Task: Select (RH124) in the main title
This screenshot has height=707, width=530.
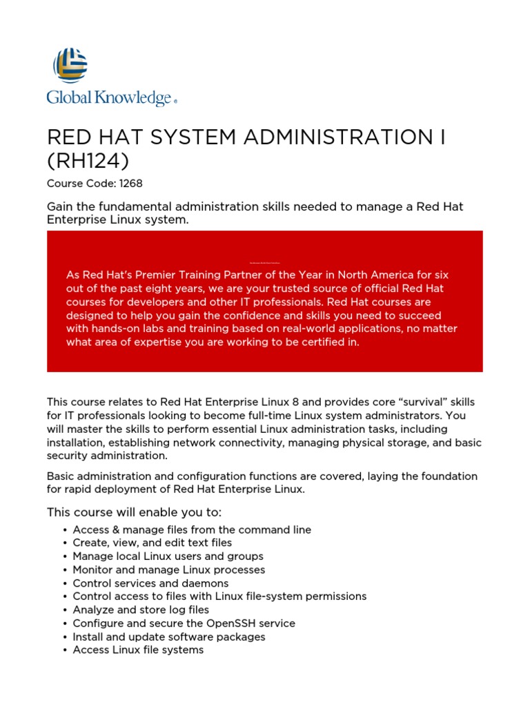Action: click(88, 161)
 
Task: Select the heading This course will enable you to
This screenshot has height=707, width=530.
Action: click(134, 512)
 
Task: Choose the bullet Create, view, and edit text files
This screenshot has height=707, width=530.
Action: click(152, 543)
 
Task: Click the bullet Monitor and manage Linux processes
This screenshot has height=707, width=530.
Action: click(168, 570)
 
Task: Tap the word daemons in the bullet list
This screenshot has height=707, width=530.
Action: click(206, 583)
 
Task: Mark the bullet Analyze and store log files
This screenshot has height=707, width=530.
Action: click(141, 610)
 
